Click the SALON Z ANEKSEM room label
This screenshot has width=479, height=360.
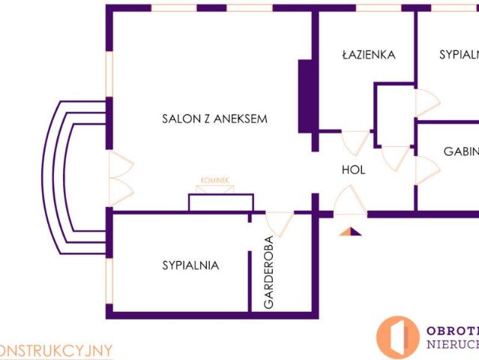click(x=214, y=118)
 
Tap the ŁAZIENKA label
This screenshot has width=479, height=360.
click(x=367, y=55)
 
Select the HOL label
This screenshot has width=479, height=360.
click(x=353, y=170)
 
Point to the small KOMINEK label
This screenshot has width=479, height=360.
click(x=214, y=181)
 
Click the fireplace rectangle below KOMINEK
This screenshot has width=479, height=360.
click(x=220, y=202)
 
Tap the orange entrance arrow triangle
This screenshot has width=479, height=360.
click(x=349, y=231)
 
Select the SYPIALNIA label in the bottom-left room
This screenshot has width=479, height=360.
click(x=190, y=265)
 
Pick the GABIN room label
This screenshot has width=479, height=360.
click(x=460, y=151)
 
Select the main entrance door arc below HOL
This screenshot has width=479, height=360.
click(x=349, y=201)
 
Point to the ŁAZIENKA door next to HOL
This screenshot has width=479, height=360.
click(x=355, y=142)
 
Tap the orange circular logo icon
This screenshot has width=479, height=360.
click(x=397, y=337)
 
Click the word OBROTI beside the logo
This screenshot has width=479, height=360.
click(x=452, y=331)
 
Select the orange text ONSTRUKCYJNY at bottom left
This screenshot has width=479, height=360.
click(x=56, y=350)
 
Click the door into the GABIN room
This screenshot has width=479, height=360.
click(x=427, y=169)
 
